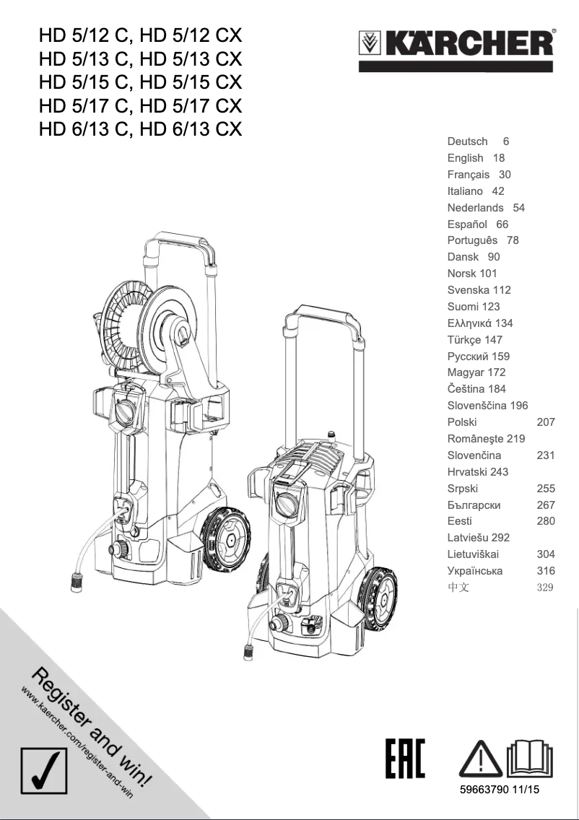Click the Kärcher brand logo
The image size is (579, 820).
(457, 49)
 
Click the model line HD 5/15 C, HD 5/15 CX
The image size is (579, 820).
(141, 82)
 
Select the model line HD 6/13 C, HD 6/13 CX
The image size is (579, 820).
(141, 129)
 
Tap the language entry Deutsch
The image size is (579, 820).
(467, 141)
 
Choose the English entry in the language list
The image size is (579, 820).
(465, 158)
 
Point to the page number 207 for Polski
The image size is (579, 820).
(546, 422)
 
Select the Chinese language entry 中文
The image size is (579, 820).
(458, 588)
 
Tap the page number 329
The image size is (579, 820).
(545, 588)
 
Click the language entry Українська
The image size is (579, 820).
(475, 571)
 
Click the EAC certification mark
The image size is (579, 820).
(405, 759)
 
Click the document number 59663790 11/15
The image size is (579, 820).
(500, 790)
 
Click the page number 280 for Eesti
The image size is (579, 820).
(546, 521)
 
